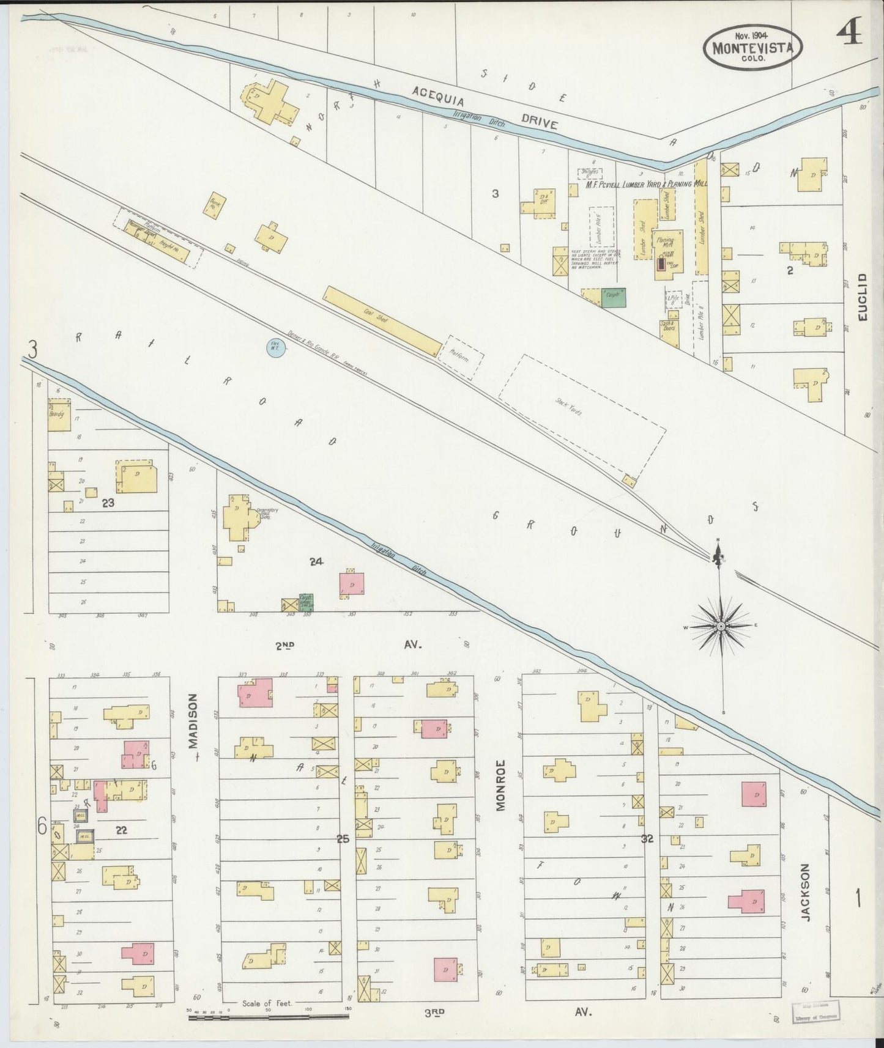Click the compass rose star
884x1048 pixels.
pos(721,627)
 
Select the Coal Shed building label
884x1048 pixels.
pos(369,312)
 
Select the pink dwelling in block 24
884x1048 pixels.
pos(352,584)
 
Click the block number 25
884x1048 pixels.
pos(343,839)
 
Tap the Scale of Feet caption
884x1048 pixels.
pos(267,1003)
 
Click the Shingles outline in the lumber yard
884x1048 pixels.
pos(590,173)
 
